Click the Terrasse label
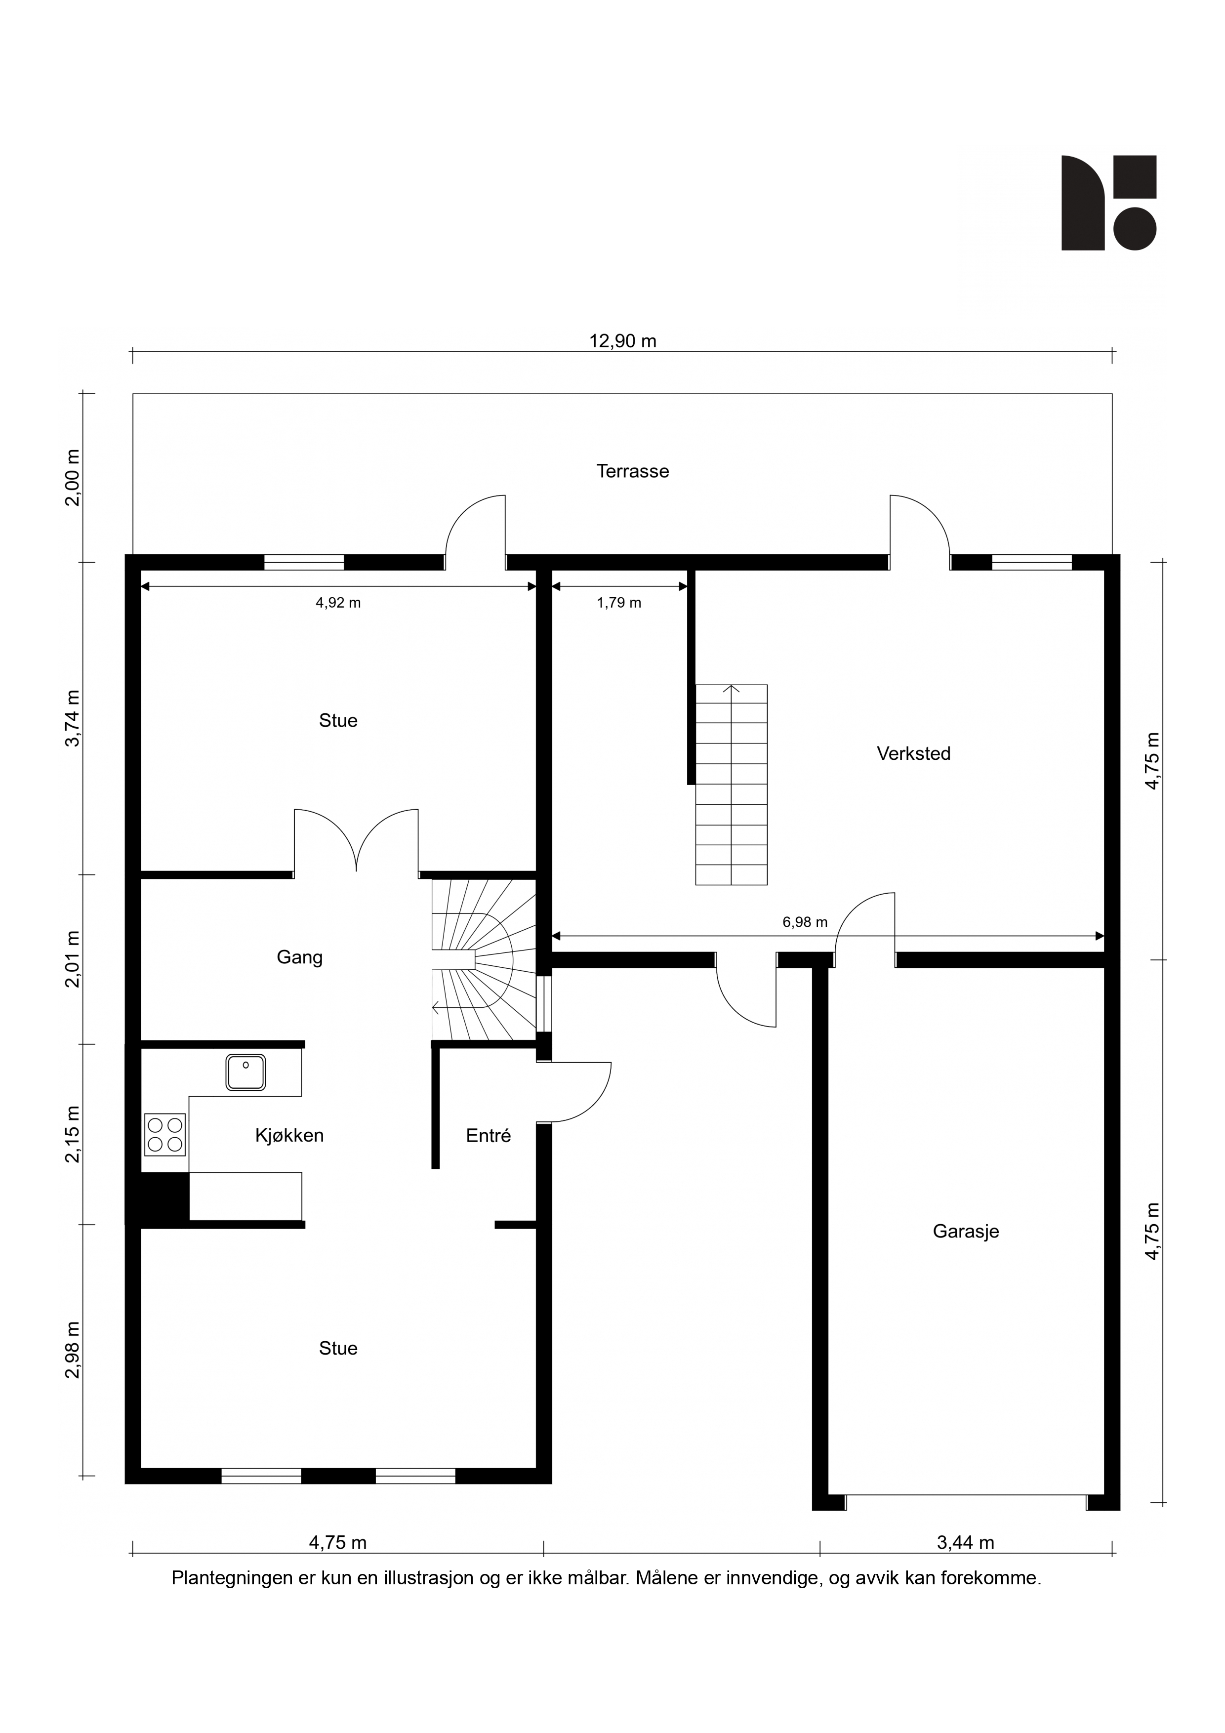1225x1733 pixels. coord(632,471)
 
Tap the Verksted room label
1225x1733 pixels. coord(913,753)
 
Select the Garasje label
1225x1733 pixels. coord(965,1231)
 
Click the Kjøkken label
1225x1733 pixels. coord(289,1135)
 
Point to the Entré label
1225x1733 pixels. coord(489,1135)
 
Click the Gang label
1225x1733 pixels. coord(300,957)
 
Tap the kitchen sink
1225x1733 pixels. coord(246,1073)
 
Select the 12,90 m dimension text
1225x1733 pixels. coord(623,341)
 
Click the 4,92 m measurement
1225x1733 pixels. coord(338,602)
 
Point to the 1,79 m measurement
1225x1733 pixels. coord(619,602)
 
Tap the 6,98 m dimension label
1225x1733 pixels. coord(805,922)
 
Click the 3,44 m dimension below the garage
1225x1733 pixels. coord(965,1542)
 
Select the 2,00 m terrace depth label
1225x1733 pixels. coord(73,478)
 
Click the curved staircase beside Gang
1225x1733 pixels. coord(483,959)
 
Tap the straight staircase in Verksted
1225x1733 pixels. coord(731,784)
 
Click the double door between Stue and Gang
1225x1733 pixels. coord(356,842)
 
